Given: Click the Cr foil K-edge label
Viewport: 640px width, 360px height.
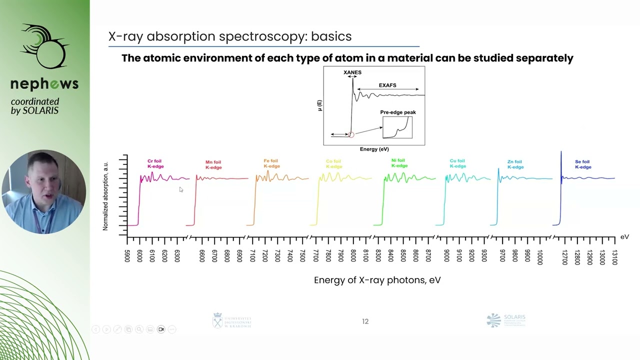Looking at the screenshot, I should (155, 164).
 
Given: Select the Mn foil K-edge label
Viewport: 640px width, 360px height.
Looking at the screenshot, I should (213, 164).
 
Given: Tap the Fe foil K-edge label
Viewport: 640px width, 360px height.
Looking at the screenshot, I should (271, 163).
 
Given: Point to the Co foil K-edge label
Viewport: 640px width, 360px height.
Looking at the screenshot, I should (333, 164).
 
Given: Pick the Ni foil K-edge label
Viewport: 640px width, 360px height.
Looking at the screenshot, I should (399, 163).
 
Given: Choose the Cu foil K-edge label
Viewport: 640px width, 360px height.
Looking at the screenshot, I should (457, 163).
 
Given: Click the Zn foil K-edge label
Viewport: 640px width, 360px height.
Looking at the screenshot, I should (515, 164).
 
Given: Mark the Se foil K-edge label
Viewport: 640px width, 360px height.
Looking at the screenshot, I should (582, 164).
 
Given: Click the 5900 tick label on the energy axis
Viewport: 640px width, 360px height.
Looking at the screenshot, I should (128, 255).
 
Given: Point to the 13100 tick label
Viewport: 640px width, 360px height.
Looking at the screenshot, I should (614, 257).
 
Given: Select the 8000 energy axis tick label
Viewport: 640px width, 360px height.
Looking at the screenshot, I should (353, 255).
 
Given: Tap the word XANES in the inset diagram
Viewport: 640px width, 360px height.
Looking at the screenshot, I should (352, 72).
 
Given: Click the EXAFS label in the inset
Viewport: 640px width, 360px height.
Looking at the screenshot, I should (387, 85).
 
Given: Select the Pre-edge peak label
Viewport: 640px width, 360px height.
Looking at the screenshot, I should (398, 112).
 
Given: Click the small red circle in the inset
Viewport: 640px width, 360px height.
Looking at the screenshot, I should (351, 134).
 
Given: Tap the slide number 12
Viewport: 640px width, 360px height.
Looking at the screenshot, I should (365, 321).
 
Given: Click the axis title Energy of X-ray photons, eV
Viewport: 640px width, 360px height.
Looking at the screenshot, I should (377, 280).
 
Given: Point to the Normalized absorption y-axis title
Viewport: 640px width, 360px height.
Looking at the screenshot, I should (105, 196).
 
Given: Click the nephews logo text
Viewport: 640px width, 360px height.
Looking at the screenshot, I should (44, 84).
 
